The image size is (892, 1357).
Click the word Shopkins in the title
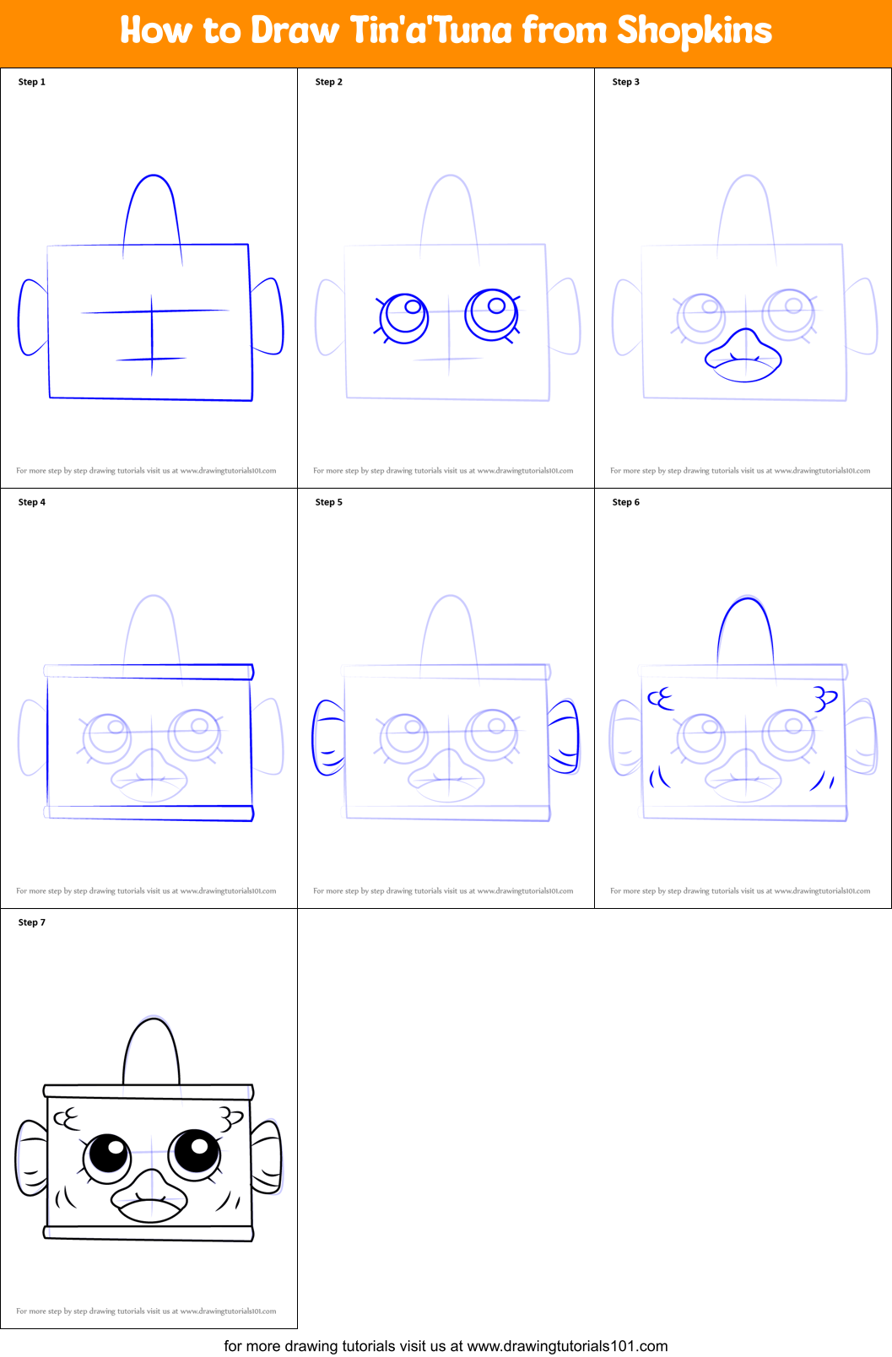[x=694, y=31]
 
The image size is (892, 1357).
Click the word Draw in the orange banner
[x=295, y=31]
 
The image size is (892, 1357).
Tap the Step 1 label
[x=32, y=82]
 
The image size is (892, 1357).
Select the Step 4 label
[x=32, y=502]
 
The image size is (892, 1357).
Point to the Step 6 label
[x=626, y=502]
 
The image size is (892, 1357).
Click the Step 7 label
[x=32, y=922]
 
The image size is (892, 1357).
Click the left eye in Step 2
[x=405, y=317]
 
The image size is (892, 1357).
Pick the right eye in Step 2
[x=492, y=313]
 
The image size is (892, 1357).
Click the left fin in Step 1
[x=33, y=317]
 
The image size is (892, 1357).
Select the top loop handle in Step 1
[x=153, y=211]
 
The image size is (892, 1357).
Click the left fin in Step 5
[x=328, y=738]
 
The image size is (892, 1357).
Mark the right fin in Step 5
[x=565, y=736]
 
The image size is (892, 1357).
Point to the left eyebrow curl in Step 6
[x=661, y=699]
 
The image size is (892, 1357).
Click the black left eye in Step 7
[x=108, y=1154]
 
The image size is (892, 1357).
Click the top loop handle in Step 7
[x=151, y=1051]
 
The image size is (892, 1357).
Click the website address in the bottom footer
[x=567, y=1346]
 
